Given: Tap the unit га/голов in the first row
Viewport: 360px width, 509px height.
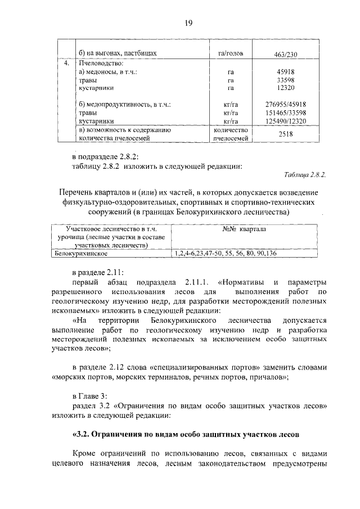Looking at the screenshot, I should pyautogui.click(x=230, y=53).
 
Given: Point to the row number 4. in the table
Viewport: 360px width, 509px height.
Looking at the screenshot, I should pyautogui.click(x=66, y=64).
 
